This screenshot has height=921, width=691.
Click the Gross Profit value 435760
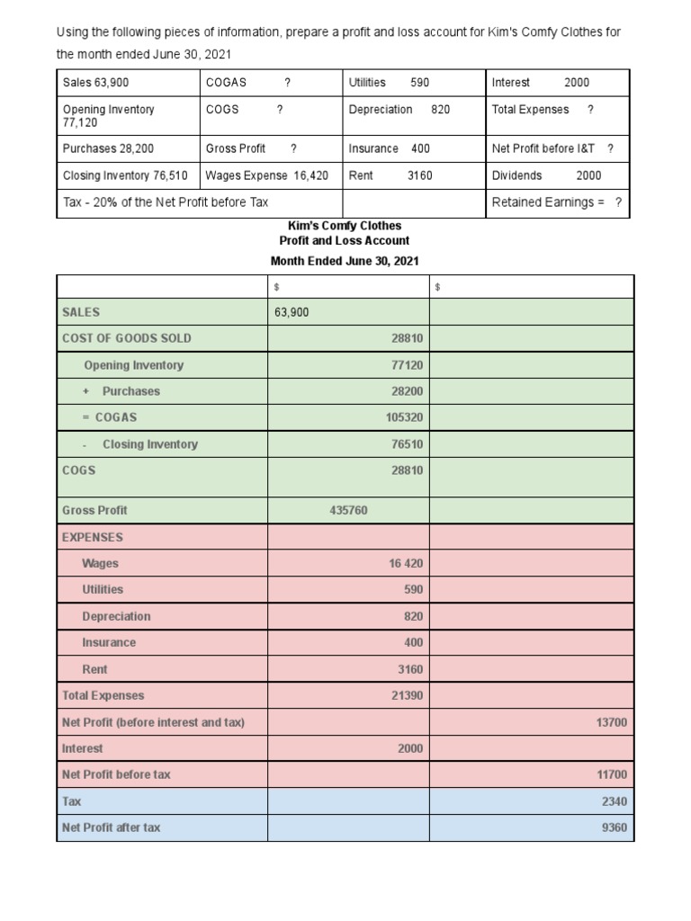349,510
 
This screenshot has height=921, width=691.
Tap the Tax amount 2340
614,800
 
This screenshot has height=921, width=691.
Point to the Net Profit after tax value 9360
614,827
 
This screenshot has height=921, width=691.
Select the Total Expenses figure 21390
407,695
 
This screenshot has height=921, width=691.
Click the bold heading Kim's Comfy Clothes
345,226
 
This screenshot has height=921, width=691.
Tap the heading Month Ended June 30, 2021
345,261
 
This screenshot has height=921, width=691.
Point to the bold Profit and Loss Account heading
345,241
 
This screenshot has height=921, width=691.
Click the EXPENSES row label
93,537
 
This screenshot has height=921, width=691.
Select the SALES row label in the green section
81,312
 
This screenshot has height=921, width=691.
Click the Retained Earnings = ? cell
557,202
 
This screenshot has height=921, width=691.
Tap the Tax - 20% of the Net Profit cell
166,202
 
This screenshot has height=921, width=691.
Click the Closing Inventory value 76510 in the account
407,444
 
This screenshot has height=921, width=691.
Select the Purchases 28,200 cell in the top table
108,148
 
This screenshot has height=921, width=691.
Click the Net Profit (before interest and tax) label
153,721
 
